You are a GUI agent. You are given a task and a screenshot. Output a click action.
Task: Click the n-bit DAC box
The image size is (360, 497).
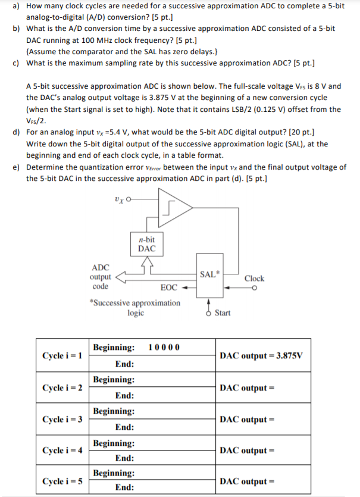coord(146,244)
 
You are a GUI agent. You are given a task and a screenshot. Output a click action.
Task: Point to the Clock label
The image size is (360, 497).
coord(254,279)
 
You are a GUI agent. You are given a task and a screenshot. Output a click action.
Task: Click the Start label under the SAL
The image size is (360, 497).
coord(223,312)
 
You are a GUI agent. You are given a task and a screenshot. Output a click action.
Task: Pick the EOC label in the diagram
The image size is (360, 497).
coord(169,287)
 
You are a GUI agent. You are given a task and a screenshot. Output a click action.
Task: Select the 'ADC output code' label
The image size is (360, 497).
coord(100,277)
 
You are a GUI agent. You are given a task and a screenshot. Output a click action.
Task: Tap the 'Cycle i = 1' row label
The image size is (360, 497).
coord(62,355)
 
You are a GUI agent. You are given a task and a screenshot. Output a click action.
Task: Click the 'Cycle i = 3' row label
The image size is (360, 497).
coord(62,419)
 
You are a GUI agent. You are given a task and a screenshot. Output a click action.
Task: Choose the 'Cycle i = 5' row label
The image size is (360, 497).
coord(62,480)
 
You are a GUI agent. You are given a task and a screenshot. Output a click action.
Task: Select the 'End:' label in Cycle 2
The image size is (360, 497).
coord(124,395)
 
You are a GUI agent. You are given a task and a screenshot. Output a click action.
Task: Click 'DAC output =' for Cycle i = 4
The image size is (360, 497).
coord(246,451)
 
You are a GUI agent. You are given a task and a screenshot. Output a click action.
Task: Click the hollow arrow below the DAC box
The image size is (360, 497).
coord(146,264)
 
